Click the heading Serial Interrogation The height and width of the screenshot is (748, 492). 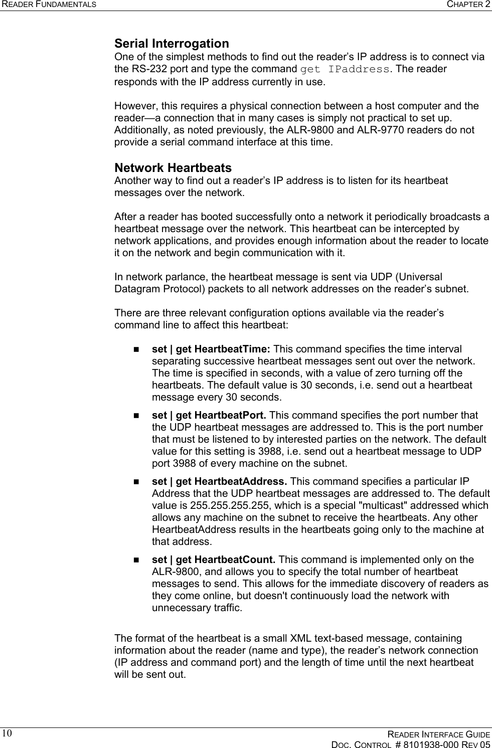point(172,44)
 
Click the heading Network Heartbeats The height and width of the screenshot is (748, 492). point(173,167)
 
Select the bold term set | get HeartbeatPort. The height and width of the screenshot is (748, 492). point(209,415)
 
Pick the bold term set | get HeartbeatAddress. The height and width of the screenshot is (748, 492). point(219,481)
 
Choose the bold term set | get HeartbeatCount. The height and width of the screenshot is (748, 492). point(213,559)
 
